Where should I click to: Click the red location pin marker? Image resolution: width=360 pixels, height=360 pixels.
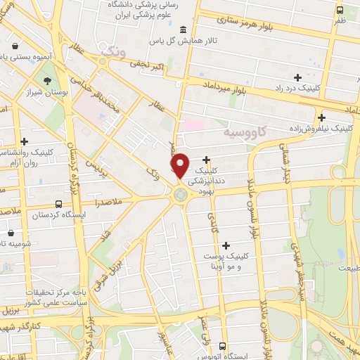click(180, 166)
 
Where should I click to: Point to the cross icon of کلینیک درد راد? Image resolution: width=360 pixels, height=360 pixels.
click(297, 77)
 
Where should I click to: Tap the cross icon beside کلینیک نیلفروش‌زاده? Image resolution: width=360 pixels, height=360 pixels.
click(321, 117)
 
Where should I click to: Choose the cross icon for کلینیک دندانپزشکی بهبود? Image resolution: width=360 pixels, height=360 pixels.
click(206, 160)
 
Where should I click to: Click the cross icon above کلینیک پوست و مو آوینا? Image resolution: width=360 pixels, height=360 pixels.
click(226, 245)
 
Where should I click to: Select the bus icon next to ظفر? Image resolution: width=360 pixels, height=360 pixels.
click(340, 10)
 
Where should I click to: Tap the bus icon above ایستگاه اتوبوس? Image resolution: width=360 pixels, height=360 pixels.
click(222, 346)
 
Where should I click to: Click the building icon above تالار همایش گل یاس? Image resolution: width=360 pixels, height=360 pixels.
click(183, 30)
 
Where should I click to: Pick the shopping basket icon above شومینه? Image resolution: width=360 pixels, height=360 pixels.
click(11, 232)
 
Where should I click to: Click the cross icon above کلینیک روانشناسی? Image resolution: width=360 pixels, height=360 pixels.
click(25, 141)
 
